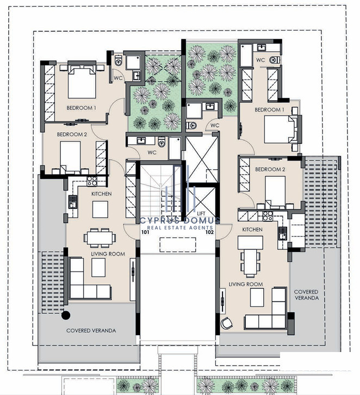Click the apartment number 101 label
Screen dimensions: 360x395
pos(145,232)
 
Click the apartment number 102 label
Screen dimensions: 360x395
pos(209,232)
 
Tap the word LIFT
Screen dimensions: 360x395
pos(201,214)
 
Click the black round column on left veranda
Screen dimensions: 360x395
pos(66,315)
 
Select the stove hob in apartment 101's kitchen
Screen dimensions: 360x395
pos(92,181)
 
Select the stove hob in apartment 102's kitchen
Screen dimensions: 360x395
pos(268,216)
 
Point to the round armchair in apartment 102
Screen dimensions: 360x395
pos(226,323)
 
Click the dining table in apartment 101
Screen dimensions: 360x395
pos(100,238)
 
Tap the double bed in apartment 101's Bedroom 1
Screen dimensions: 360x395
pos(82,82)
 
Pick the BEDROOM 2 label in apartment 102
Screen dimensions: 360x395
pos(270,169)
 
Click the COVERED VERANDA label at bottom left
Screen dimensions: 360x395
pos(91,330)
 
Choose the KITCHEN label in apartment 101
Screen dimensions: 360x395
pos(102,194)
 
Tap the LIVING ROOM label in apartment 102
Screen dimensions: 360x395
pos(246,284)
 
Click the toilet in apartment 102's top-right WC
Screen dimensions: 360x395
pos(274,60)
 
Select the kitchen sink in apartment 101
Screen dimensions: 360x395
pos(72,202)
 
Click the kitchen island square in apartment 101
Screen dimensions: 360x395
pos(100,209)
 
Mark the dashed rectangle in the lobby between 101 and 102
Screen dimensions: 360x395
pos(178,244)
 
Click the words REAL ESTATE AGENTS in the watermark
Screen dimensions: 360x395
pos(180,228)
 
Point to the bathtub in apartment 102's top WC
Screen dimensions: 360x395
pos(246,55)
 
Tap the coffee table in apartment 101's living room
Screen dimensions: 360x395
pos(98,268)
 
